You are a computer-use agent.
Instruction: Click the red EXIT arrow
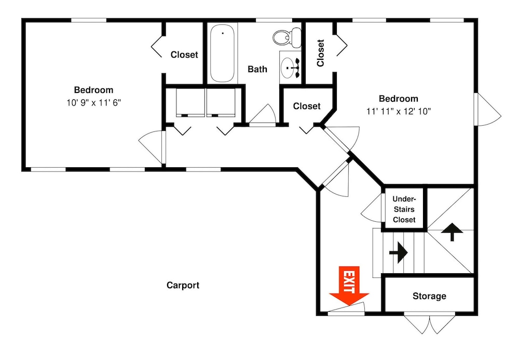349,286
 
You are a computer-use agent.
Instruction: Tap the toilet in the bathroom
287,37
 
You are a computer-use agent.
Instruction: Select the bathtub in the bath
223,53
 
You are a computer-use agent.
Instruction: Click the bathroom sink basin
288,68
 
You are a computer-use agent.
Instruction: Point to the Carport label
183,285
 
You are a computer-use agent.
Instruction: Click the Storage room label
429,296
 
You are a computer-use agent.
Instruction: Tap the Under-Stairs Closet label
404,209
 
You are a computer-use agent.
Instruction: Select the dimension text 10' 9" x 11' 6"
93,103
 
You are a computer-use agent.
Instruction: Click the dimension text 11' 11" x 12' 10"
399,111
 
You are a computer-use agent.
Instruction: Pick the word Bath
257,69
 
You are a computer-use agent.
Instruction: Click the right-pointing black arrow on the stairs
398,252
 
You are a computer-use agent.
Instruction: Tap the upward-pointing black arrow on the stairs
452,232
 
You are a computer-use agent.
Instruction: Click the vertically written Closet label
320,53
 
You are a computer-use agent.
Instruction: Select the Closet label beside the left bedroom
184,55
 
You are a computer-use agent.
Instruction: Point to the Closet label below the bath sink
307,106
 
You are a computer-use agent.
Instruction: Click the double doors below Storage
430,323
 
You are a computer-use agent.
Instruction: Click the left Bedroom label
93,90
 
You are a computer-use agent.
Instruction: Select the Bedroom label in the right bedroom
399,98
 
